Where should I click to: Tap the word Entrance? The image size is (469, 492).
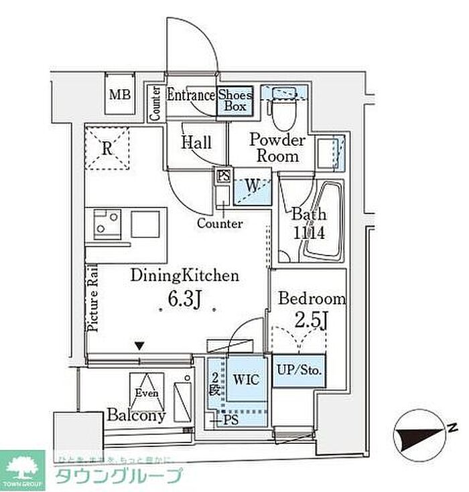click(x=191, y=96)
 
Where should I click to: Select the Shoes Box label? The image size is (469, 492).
click(x=235, y=100)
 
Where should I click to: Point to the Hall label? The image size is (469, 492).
click(x=196, y=143)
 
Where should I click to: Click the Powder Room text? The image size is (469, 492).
click(x=277, y=148)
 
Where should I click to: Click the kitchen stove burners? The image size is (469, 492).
click(x=105, y=223)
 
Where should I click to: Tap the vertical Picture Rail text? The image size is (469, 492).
click(x=93, y=299)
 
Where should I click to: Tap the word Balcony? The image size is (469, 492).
click(x=136, y=416)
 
